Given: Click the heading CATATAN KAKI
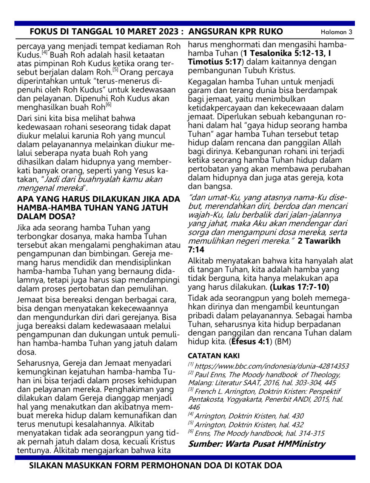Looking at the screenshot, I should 214,356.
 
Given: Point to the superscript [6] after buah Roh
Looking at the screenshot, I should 108,105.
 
